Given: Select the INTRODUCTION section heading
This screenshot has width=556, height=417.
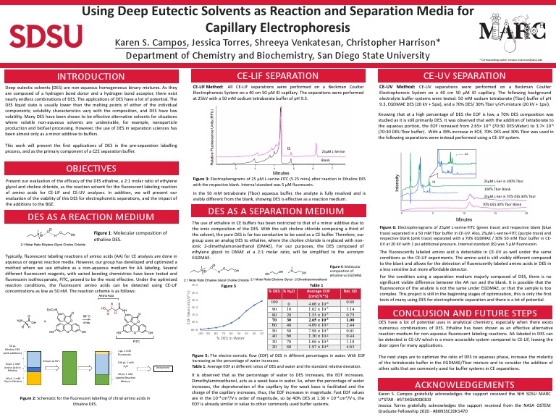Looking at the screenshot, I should [91, 76].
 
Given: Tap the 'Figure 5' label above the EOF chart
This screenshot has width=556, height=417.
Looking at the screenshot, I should [229, 266].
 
